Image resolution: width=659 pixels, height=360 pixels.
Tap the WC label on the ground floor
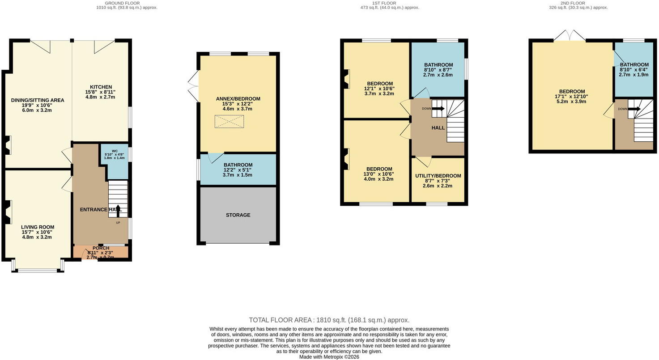[x=115, y=151]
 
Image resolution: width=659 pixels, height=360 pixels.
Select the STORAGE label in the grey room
[x=238, y=215]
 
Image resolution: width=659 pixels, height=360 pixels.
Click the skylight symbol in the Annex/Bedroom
[x=229, y=122]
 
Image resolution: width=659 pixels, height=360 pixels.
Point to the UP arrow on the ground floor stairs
[x=118, y=211]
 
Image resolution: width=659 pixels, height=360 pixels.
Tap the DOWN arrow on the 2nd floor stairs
[x=634, y=109]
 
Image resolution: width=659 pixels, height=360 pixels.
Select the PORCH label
[x=101, y=248]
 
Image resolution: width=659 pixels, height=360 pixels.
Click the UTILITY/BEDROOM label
[x=438, y=176]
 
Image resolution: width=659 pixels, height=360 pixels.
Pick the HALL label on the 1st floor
[x=438, y=127]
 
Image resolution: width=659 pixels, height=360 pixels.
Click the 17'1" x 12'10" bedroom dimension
[x=572, y=97]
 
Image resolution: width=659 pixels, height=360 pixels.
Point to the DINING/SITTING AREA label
[x=38, y=100]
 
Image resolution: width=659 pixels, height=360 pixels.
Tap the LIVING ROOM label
[x=38, y=227]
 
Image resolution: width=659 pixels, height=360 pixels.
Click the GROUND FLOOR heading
[x=123, y=3]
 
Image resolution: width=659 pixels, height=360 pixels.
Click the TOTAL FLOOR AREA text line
[x=329, y=320]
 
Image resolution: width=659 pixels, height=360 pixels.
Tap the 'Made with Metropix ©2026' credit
[x=329, y=357]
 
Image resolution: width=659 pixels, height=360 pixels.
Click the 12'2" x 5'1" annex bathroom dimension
[x=238, y=170]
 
